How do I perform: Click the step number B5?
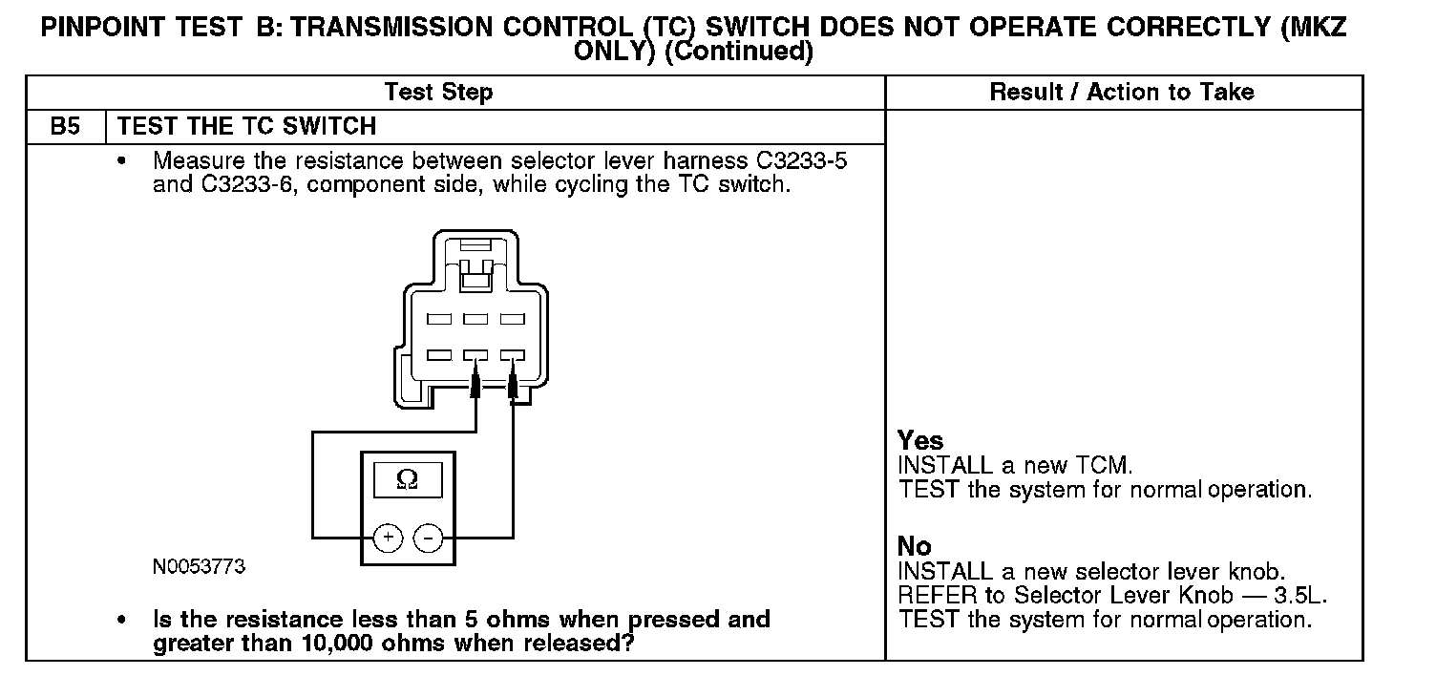click(64, 126)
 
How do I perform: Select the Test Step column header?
click(438, 93)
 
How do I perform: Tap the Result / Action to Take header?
click(1122, 93)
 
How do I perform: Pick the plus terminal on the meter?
click(388, 539)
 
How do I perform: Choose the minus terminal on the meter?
click(428, 539)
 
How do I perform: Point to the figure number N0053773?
click(199, 567)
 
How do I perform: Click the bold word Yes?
click(920, 441)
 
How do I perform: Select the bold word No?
click(914, 546)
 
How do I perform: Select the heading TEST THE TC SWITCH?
click(246, 126)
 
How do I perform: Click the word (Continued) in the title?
click(737, 52)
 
